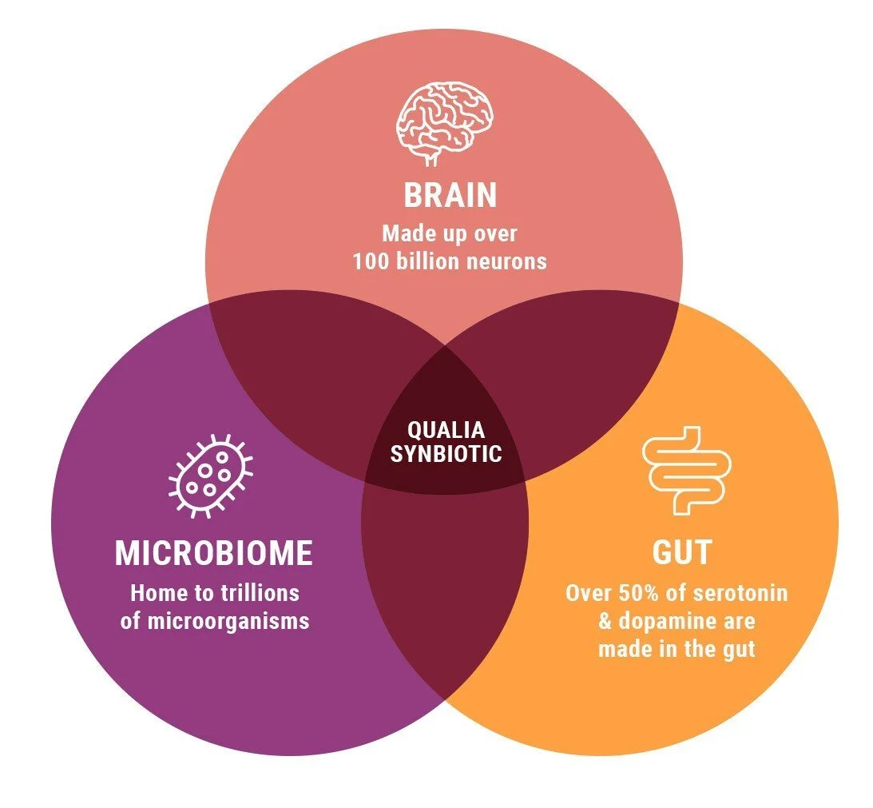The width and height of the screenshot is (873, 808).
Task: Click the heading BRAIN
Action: click(450, 196)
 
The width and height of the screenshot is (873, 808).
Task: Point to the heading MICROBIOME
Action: click(213, 554)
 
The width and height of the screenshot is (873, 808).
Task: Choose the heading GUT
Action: click(681, 553)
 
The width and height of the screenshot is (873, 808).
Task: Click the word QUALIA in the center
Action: click(446, 431)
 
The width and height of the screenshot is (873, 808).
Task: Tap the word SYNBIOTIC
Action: click(446, 454)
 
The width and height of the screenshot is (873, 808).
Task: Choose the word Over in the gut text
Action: click(587, 594)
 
